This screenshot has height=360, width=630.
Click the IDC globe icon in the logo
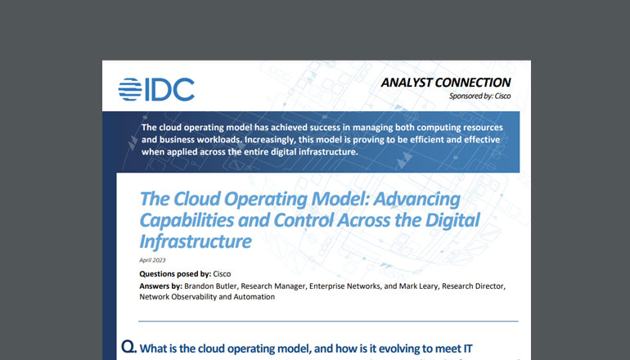[132, 88]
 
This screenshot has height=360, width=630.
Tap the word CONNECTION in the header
[476, 83]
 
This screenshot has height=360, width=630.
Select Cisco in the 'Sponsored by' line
[501, 97]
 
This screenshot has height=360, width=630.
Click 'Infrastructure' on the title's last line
[194, 241]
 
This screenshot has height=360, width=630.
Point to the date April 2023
[153, 259]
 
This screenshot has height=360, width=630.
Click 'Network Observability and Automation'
[206, 297]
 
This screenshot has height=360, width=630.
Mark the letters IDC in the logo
[169, 88]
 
